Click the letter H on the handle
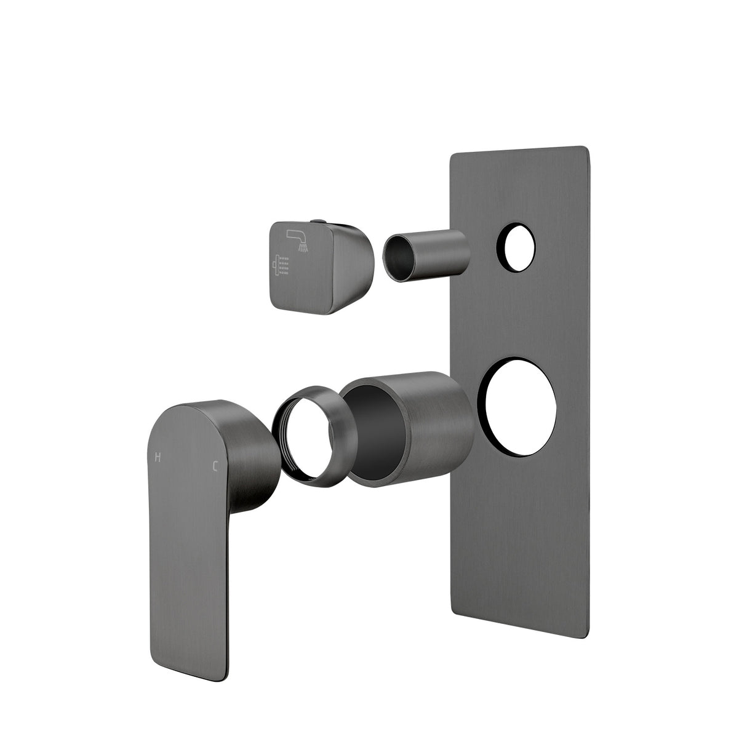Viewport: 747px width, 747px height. point(158,457)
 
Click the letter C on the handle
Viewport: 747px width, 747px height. point(215,466)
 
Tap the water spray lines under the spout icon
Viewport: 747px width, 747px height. point(303,247)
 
